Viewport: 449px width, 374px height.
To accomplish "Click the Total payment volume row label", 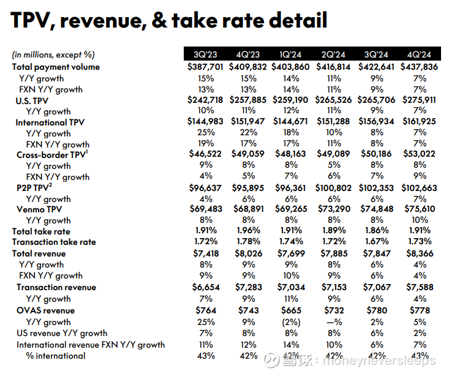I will tap(56, 67).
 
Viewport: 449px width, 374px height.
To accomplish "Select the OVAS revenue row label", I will tap(45, 310).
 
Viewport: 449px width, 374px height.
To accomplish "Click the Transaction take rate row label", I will tap(55, 242).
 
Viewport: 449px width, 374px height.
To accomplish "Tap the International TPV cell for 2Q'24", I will tap(334, 122).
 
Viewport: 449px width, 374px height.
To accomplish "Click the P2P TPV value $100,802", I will tap(334, 187).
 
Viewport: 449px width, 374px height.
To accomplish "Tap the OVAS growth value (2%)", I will tap(291, 322).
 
